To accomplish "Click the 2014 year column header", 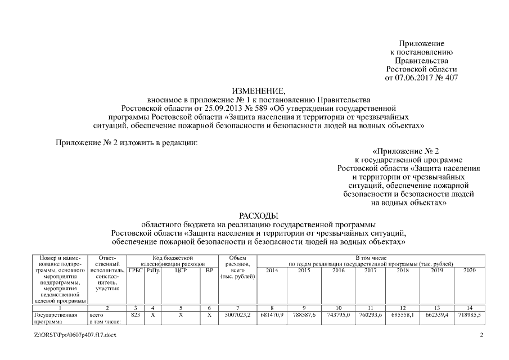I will click(x=273, y=270).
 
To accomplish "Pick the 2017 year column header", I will click(x=371, y=270).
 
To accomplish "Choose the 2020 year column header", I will click(x=469, y=270).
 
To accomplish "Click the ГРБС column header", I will click(x=135, y=270).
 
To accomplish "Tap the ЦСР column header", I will click(x=181, y=270).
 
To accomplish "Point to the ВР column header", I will click(x=209, y=270).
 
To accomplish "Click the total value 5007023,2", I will click(x=238, y=316).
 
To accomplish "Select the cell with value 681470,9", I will click(x=273, y=316).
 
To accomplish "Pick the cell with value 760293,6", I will click(x=371, y=316).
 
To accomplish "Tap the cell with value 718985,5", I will click(x=469, y=316).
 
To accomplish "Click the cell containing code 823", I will click(x=135, y=316).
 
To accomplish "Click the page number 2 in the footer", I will click(x=481, y=335).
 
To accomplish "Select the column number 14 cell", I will click(x=469, y=308).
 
